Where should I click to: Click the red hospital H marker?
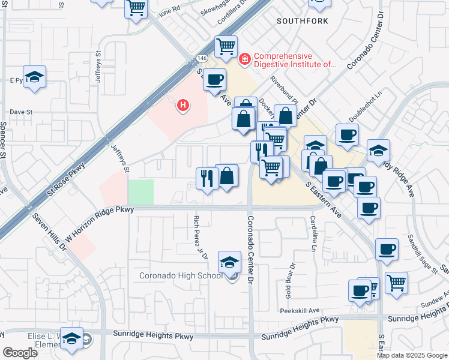coord(184,106)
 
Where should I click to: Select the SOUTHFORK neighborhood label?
coord(302,21)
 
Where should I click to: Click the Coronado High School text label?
coord(180,276)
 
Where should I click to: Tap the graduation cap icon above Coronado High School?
coord(229,263)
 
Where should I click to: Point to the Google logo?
coord(20,352)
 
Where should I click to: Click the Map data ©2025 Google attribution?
coord(412,355)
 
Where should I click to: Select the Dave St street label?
coord(20,112)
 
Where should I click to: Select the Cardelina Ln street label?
coord(313,235)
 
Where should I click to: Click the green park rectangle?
coord(140,192)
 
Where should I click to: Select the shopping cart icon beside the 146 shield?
coord(226,46)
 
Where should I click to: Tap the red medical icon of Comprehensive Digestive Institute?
coord(244,59)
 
